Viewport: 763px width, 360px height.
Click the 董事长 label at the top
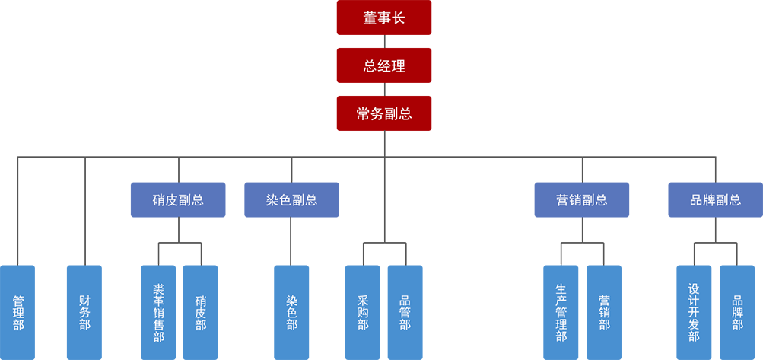[x=384, y=18]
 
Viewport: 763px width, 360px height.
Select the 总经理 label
[x=384, y=66]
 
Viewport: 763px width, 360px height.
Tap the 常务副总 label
[x=384, y=114]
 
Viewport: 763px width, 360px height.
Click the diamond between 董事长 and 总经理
[x=384, y=42]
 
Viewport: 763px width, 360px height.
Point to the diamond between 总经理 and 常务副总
[x=384, y=90]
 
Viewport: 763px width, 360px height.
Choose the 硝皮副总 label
[x=178, y=201]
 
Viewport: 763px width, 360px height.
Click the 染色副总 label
[x=291, y=201]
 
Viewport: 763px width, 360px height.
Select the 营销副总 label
[x=582, y=201]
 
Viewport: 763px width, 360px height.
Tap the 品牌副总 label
[x=715, y=201]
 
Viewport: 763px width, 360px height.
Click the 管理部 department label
[x=18, y=313]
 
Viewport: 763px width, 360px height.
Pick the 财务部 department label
[x=84, y=313]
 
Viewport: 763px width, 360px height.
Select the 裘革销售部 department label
[x=158, y=313]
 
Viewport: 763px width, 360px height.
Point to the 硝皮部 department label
[x=201, y=313]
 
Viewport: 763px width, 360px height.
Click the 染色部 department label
[x=291, y=313]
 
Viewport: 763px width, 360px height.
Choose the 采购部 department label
[x=363, y=313]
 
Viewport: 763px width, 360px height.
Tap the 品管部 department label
[x=405, y=313]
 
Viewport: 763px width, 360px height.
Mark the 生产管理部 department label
[x=561, y=313]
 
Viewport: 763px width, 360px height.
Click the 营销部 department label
[x=604, y=313]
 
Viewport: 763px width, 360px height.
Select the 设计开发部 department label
[x=694, y=313]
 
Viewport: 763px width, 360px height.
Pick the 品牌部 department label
[x=737, y=313]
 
